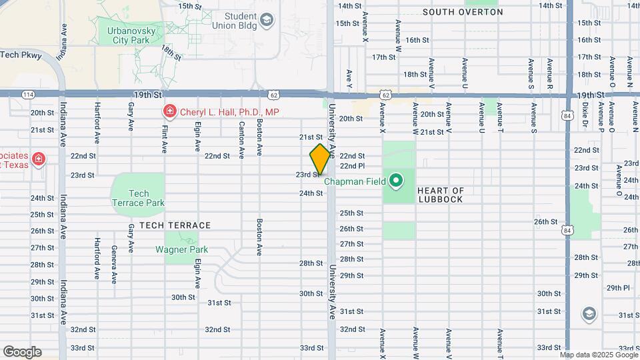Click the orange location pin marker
pos(320,159)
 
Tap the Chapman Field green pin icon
pos(395,180)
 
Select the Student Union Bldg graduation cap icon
pos(267,21)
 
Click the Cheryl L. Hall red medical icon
pos(169,112)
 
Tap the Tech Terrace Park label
pos(137,198)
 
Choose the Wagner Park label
pos(181,250)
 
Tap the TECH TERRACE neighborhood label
pos(175,225)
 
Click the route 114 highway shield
pos(28,95)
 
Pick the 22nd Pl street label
pos(352,166)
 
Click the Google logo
pos(22,352)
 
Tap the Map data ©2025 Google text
pos(599,355)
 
